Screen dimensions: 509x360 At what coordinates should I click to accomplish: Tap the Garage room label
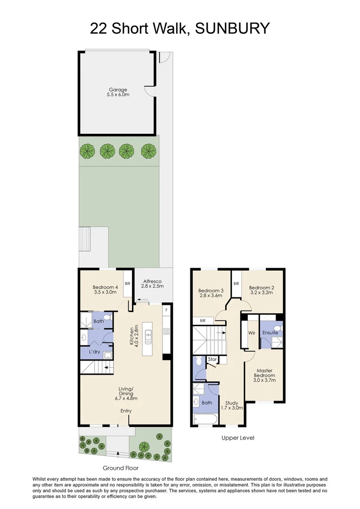(118, 90)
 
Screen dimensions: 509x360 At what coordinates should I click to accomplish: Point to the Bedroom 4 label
(105, 287)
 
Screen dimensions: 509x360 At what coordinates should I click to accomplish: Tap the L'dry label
(93, 353)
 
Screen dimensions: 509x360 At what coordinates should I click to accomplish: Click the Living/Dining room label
(126, 391)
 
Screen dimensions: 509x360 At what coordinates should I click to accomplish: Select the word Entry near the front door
(126, 411)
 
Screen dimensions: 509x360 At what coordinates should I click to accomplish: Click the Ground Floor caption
(121, 468)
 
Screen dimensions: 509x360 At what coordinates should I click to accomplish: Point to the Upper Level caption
(238, 438)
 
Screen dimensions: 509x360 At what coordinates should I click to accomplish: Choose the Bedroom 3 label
(211, 290)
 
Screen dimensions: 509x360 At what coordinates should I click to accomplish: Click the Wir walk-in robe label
(251, 333)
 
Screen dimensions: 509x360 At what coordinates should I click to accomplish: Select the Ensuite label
(270, 333)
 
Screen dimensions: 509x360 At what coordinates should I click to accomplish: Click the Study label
(231, 403)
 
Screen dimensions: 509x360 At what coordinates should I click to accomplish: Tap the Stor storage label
(213, 360)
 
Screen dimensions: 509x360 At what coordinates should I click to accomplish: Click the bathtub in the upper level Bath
(205, 419)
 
